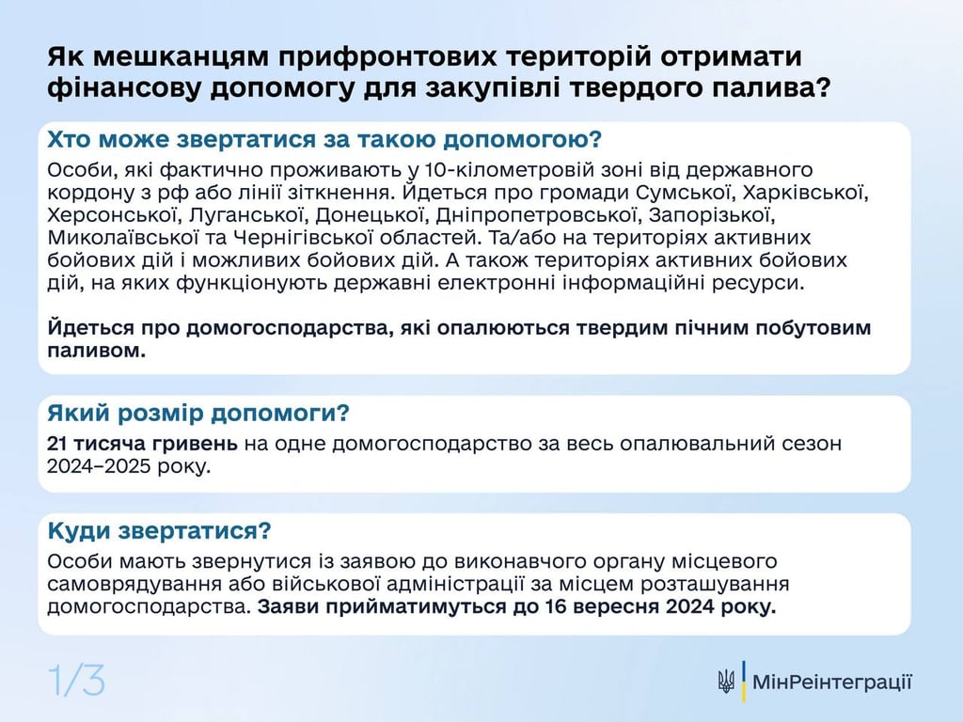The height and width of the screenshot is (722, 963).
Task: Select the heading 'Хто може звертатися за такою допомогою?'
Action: point(324,140)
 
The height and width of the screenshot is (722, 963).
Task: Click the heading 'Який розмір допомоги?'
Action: point(198,414)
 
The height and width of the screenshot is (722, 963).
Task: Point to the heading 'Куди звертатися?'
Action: point(159,531)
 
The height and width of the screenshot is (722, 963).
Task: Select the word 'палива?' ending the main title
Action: point(766,89)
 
